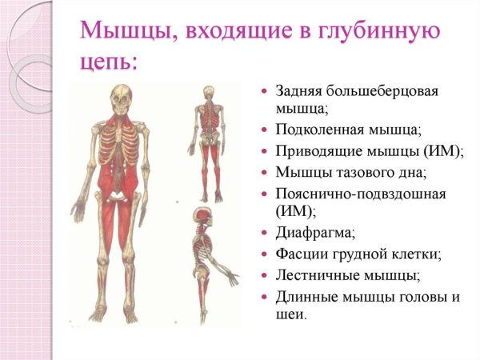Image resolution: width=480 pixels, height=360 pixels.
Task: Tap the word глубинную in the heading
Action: click(x=386, y=34)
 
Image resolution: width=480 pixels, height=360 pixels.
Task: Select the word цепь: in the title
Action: click(x=109, y=62)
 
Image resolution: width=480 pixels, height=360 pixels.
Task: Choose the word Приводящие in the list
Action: click(x=317, y=150)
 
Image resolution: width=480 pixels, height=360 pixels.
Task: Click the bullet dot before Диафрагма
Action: click(x=265, y=234)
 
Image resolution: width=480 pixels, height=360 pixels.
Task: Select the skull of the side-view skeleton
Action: click(x=201, y=217)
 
